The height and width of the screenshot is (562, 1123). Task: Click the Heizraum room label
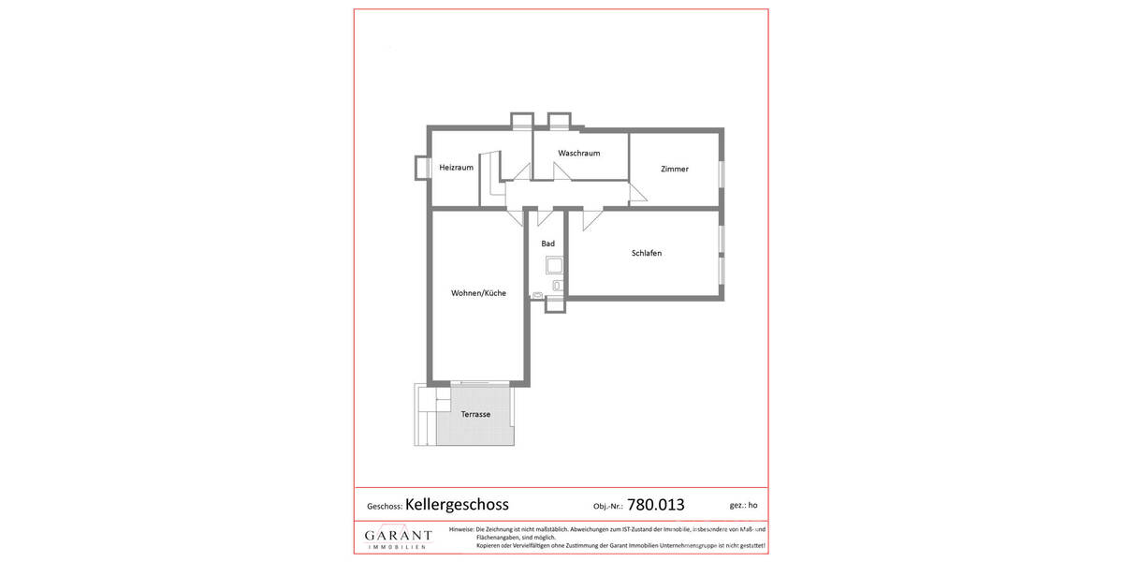456,168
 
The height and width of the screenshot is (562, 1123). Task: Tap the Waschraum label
578,153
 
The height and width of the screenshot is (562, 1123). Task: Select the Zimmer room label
674,170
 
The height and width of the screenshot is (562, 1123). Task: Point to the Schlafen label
647,253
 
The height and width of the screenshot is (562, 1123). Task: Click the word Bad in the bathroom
547,244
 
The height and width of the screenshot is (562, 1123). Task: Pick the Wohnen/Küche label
478,293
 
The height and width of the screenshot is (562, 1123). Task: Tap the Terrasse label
475,414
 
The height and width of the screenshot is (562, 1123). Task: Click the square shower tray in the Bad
553,264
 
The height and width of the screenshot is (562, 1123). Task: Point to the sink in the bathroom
538,295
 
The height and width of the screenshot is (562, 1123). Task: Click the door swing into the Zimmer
637,194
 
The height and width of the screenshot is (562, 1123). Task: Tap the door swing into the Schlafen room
591,219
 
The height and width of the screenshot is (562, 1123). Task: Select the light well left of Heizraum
421,167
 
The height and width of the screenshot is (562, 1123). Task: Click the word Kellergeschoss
457,504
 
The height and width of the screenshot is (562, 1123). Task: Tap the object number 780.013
656,504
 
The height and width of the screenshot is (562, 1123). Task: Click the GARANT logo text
398,535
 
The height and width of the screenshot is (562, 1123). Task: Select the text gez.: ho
743,505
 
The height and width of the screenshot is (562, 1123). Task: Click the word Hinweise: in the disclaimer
461,529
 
